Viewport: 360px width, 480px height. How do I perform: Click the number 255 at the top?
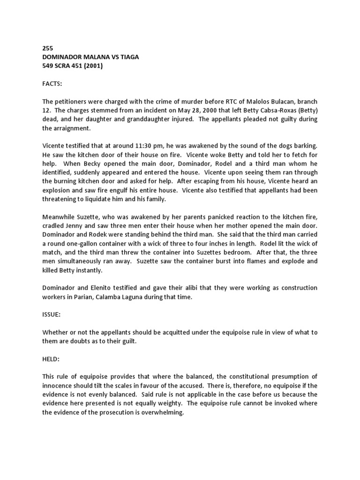(x=48, y=48)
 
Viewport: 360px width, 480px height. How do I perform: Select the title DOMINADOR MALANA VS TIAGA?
(x=90, y=57)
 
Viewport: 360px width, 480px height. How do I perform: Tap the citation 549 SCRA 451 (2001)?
(x=72, y=66)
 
